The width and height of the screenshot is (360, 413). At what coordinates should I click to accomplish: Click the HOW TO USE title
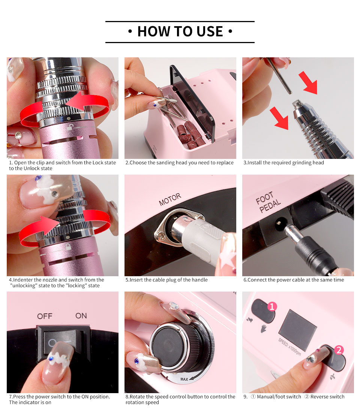[180, 31]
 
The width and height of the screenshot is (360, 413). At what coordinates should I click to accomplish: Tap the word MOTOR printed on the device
[170, 199]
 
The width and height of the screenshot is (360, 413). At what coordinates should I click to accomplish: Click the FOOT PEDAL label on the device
[268, 202]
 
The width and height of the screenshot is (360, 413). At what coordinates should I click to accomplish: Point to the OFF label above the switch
[45, 316]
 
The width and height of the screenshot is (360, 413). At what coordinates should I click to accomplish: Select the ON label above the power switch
[81, 316]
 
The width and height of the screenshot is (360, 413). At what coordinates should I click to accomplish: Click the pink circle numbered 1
[272, 307]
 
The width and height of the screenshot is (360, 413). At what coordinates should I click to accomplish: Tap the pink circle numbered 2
[339, 350]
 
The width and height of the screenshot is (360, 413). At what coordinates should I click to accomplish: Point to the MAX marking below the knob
[184, 379]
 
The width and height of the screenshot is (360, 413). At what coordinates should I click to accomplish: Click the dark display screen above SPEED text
[297, 330]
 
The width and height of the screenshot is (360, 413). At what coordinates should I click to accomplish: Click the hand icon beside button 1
[263, 328]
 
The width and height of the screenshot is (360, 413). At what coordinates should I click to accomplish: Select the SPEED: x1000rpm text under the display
[289, 347]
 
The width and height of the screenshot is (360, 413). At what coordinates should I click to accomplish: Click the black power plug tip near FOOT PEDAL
[290, 233]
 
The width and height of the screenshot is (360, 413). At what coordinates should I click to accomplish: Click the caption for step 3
[283, 163]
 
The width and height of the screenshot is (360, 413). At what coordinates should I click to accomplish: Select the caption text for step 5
[166, 280]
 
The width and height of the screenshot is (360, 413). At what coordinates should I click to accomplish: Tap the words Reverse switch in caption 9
[327, 397]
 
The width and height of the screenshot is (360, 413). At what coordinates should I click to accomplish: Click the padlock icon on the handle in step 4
[68, 247]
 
